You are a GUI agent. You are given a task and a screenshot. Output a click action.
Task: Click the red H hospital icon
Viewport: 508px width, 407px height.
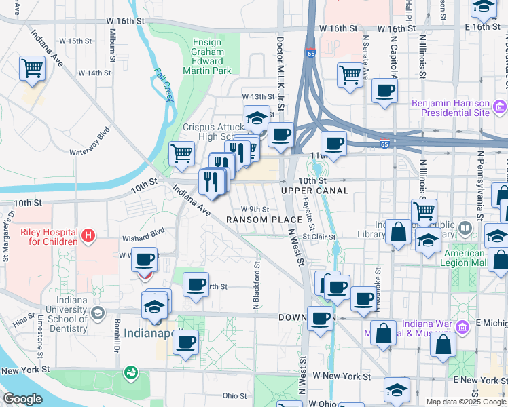pos(87,236)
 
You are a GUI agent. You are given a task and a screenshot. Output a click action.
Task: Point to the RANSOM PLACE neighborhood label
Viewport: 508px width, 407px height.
pos(264,220)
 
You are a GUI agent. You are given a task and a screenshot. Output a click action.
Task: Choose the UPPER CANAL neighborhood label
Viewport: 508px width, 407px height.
pos(315,191)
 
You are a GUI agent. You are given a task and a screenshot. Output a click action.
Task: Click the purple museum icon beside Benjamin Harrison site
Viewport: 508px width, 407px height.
pos(500,106)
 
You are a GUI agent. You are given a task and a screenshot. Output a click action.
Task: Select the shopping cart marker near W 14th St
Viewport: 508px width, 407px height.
pos(32,68)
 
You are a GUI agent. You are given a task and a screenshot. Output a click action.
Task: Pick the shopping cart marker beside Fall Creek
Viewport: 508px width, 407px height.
pos(181,153)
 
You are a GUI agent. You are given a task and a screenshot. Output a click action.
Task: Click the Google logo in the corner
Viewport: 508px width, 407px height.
pos(22,399)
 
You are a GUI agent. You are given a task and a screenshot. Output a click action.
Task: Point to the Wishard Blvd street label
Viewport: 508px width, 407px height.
pos(143,239)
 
